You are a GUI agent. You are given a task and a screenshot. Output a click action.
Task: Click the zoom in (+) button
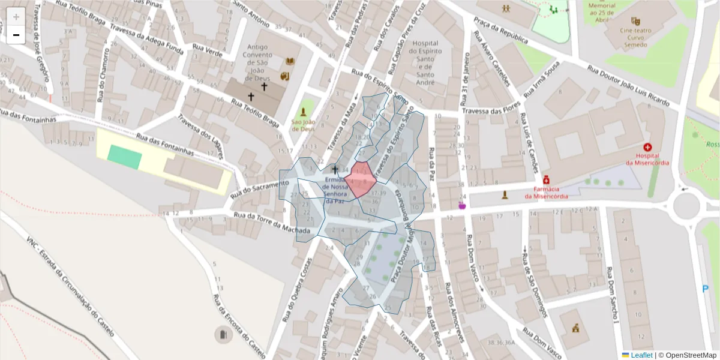pyautogui.click(x=16, y=17)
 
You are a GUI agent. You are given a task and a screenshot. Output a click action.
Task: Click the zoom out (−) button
pyautogui.click(x=16, y=35)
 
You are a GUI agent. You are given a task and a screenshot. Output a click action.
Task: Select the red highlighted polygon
pyautogui.click(x=360, y=179)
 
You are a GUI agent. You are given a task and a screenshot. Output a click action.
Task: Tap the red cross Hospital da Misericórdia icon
pyautogui.click(x=647, y=147)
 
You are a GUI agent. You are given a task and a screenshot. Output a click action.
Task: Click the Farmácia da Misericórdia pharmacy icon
pyautogui.click(x=546, y=179)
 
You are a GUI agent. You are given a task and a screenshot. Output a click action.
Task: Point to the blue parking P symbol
pyautogui.click(x=705, y=289)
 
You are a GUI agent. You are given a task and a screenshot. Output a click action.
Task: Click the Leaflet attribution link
pyautogui.click(x=641, y=355)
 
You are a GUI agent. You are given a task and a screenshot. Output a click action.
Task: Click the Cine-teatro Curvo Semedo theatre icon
pyautogui.click(x=635, y=21)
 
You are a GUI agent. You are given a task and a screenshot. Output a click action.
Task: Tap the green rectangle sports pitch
pyautogui.click(x=125, y=157)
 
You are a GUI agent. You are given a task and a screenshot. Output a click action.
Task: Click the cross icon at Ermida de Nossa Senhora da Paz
pyautogui.click(x=335, y=170)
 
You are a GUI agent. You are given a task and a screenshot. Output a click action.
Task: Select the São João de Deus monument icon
pyautogui.click(x=304, y=112)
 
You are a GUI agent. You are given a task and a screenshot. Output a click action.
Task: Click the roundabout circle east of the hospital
pyautogui.click(x=686, y=205)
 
